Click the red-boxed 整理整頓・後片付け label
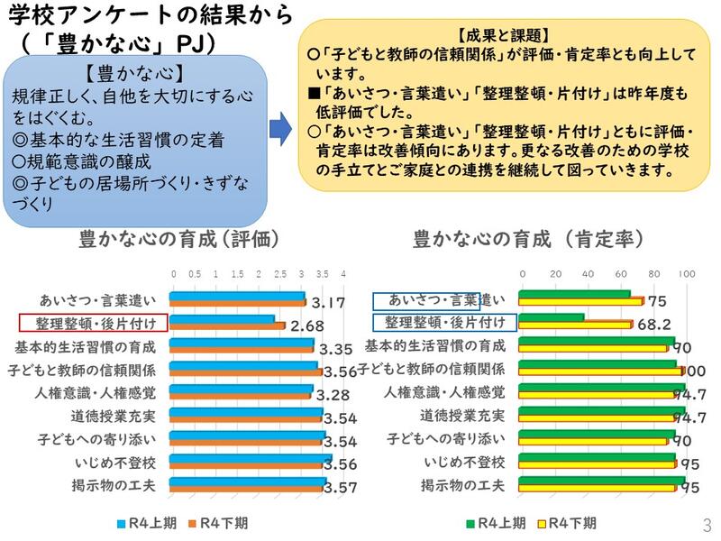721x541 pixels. click(88, 323)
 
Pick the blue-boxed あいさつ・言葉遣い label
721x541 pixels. click(439, 300)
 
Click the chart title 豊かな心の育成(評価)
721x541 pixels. click(180, 240)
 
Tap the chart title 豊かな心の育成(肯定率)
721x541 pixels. click(529, 240)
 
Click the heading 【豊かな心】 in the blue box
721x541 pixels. click(132, 73)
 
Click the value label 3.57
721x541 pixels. click(339, 487)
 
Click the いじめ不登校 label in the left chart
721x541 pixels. click(114, 463)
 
